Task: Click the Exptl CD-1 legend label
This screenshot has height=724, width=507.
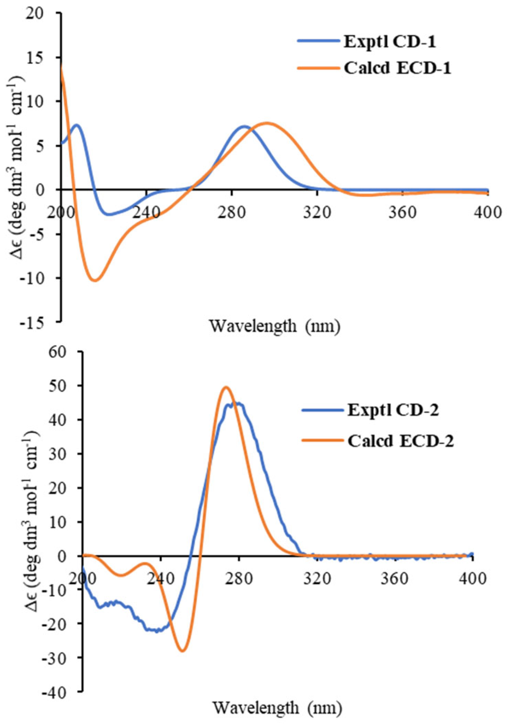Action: point(390,42)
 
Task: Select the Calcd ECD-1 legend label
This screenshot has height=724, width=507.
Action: point(397,68)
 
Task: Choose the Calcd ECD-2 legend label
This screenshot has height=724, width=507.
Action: point(400,441)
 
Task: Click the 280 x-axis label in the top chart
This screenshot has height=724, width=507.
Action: point(232,212)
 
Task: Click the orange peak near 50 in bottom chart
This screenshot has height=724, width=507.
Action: point(226,387)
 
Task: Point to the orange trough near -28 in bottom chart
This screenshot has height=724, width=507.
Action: point(183,651)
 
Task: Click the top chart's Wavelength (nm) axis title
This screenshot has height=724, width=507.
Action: point(275,326)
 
